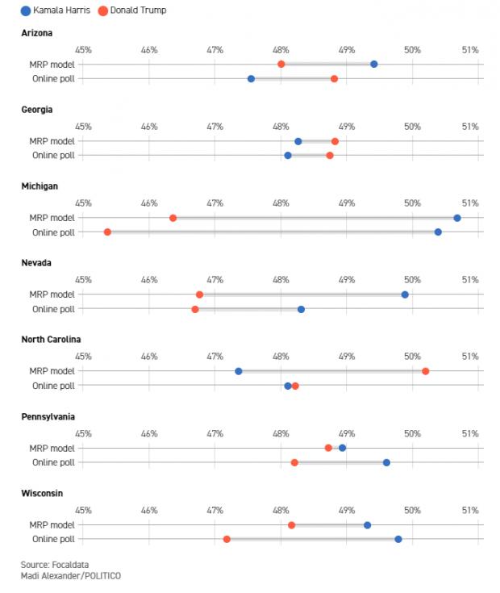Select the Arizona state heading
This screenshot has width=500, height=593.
pos(37,33)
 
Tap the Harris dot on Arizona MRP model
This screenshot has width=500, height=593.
pos(373,64)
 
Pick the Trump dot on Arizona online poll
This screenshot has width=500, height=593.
pos(334,79)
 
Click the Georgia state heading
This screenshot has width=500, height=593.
pos(38,110)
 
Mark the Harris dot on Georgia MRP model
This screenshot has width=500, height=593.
pos(298,141)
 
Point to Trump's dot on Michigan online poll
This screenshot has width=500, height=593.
pos(107,232)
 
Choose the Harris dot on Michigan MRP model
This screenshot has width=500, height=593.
pos(457,218)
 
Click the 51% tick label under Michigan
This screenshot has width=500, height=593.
pos(469,203)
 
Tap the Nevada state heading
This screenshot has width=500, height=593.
pos(37,263)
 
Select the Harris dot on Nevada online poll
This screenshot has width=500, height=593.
pos(301,309)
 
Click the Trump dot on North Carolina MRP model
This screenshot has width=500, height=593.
pos(425,371)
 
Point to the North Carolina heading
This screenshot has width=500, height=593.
pos(51,340)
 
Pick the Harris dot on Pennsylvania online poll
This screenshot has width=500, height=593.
pos(386,462)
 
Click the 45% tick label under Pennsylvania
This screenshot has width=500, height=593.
pos(83,433)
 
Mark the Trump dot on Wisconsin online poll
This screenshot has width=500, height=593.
pos(227,539)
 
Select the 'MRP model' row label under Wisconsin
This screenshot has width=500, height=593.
pos(53,524)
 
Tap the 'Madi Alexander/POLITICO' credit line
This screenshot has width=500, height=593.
pos(71,575)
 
